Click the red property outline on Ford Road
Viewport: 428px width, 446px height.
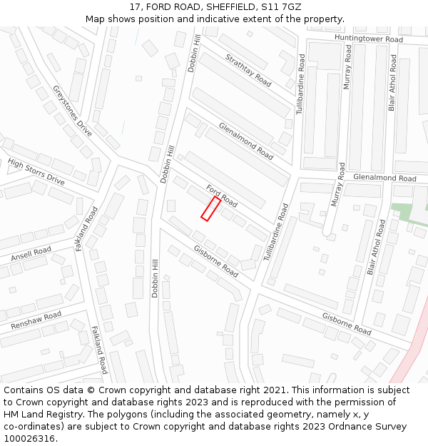[x=210, y=209]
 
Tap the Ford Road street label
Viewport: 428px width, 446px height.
[x=222, y=195]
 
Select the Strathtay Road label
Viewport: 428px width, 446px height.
[x=248, y=70]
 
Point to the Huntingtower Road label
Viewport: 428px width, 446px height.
[x=369, y=39]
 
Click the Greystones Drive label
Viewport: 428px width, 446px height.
[x=72, y=111]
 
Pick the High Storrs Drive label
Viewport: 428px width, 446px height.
[x=36, y=172]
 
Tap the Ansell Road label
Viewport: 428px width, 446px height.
[x=31, y=254]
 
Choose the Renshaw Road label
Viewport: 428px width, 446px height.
[x=36, y=320]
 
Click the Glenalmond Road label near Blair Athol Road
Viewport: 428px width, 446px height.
[x=384, y=178]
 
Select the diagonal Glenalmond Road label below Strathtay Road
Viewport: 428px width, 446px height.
[x=246, y=140]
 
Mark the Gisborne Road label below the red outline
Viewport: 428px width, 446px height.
[x=216, y=260]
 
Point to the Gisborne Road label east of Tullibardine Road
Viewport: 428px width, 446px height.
[x=347, y=323]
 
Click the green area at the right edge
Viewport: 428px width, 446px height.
[x=403, y=213]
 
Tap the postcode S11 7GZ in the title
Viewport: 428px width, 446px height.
[x=284, y=6]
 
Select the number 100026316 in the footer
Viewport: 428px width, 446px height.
[x=31, y=438]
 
